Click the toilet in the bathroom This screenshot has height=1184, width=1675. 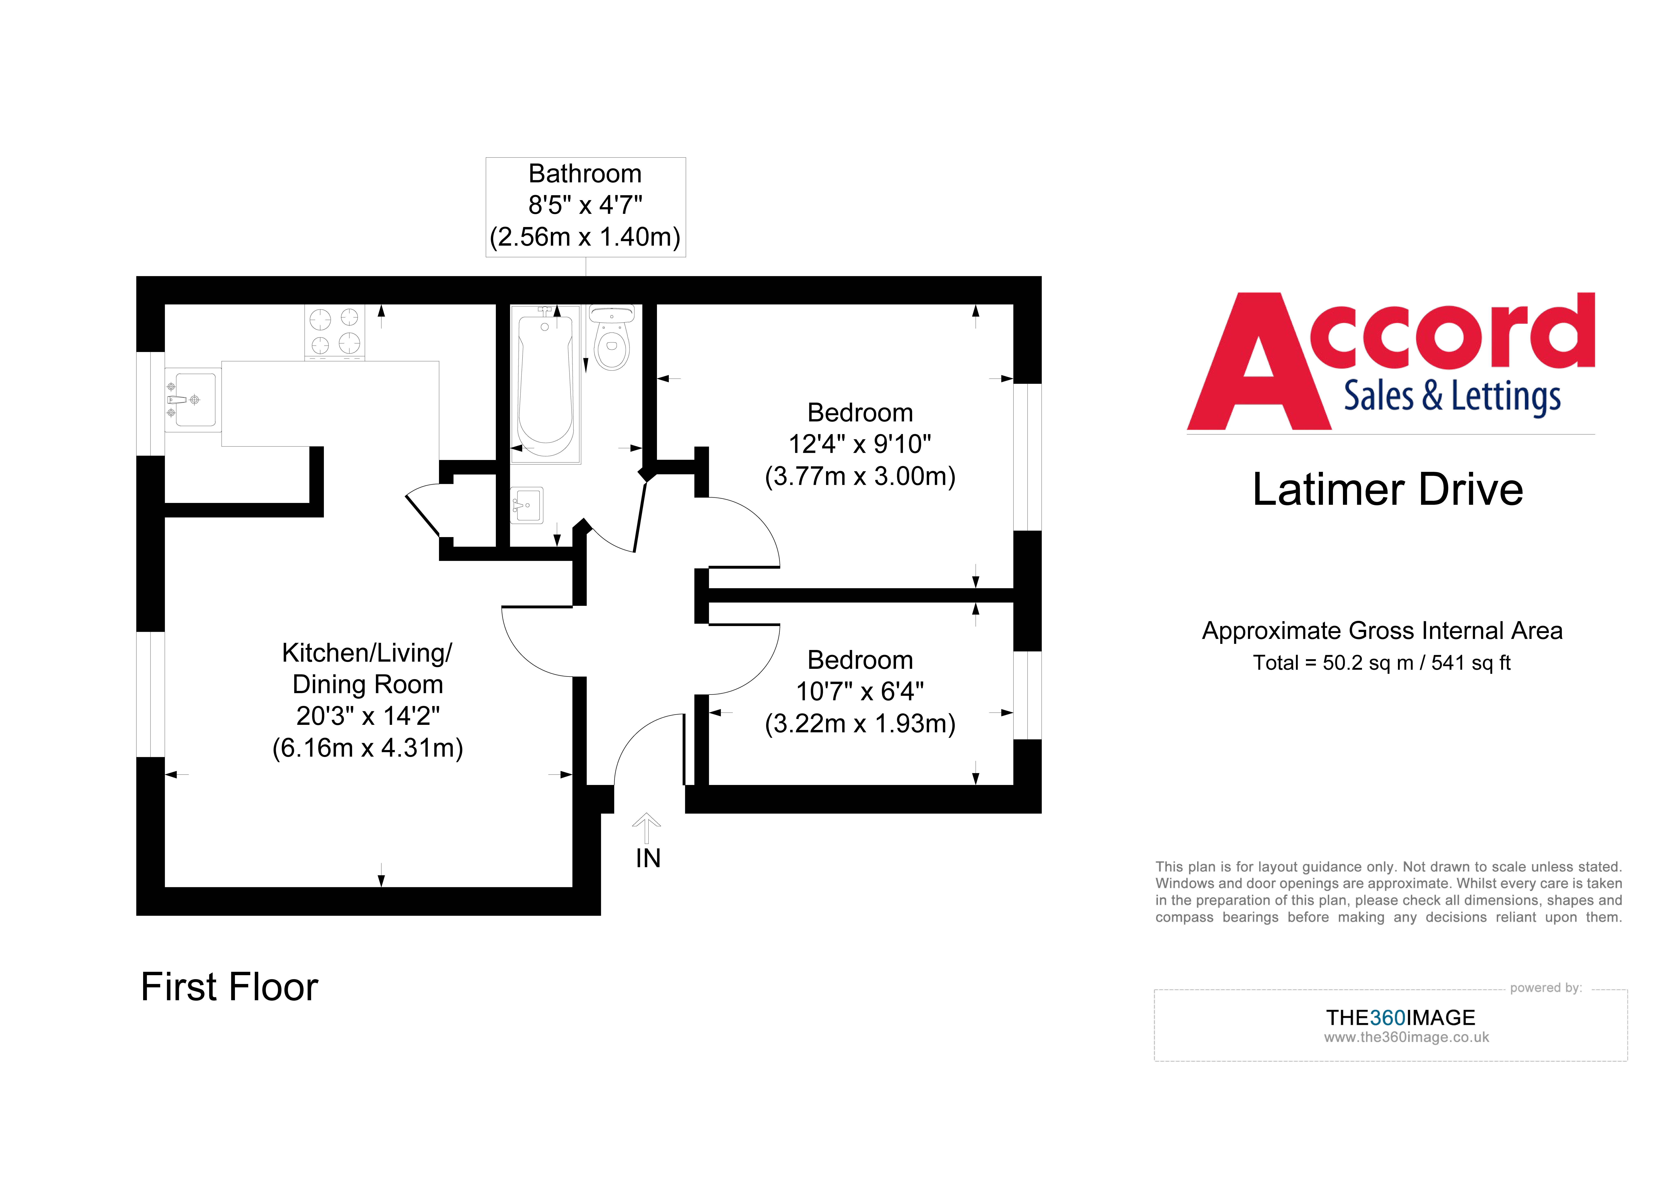[611, 343]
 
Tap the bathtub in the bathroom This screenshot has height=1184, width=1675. [545, 383]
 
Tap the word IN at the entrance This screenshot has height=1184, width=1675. [648, 859]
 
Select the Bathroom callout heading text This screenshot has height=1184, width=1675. [585, 174]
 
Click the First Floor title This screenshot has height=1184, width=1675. [229, 987]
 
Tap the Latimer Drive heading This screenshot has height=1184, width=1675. [1388, 489]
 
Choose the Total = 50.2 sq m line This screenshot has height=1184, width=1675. [1381, 663]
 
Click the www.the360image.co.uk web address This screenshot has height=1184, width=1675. [1406, 1037]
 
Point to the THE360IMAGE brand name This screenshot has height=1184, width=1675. [1400, 1018]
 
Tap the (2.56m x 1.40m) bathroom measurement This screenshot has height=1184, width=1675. [585, 237]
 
